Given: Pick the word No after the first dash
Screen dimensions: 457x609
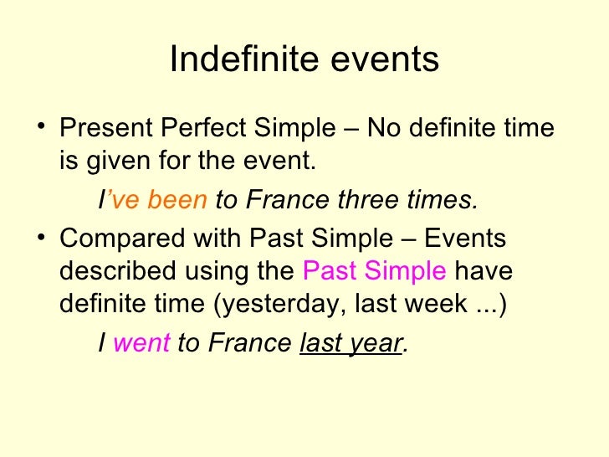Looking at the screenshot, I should point(386,130).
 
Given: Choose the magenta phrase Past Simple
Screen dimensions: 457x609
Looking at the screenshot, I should point(374,271).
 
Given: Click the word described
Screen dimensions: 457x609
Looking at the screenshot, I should point(118,271).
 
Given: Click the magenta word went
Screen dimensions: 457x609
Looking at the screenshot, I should point(141,342).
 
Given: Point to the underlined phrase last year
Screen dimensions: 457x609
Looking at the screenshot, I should point(351,342).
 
